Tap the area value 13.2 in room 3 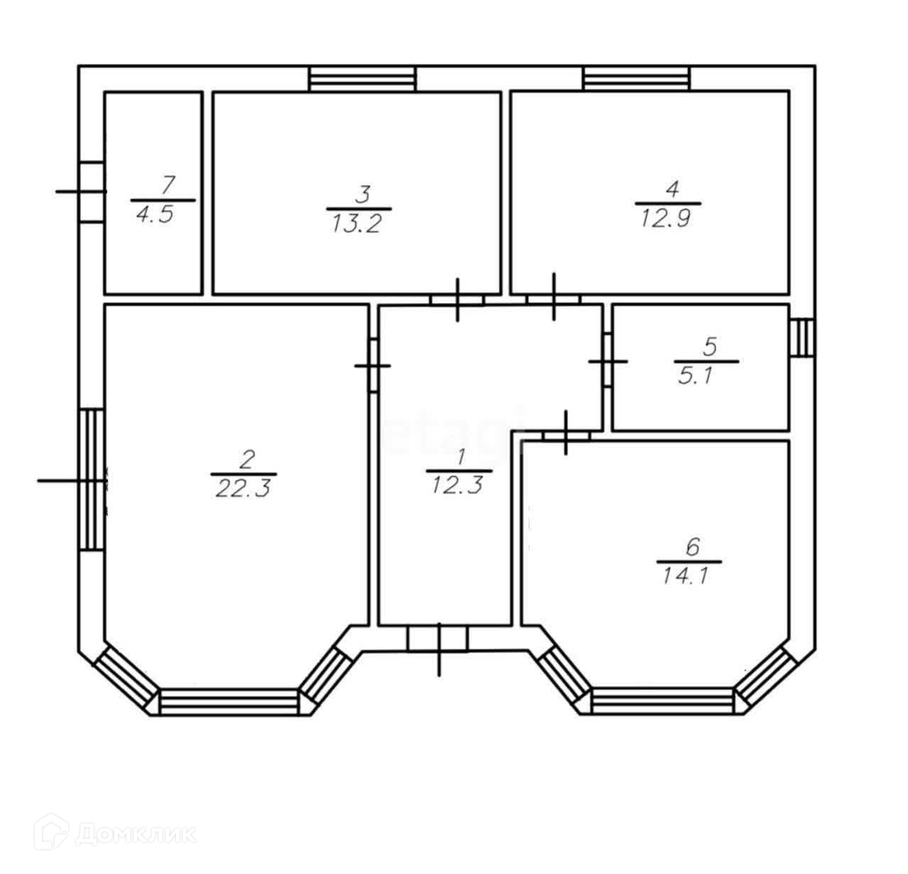click(357, 224)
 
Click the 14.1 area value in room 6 click(685, 577)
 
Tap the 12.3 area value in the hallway click(458, 486)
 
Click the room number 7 click(167, 185)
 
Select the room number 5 click(710, 347)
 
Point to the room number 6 click(693, 547)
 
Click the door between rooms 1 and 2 click(373, 366)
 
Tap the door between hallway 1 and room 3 click(458, 300)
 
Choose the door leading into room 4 click(553, 299)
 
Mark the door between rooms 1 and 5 click(607, 361)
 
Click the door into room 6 click(566, 435)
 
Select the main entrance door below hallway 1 click(438, 640)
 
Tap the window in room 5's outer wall click(802, 337)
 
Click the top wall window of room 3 click(362, 78)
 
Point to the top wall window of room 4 click(637, 78)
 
